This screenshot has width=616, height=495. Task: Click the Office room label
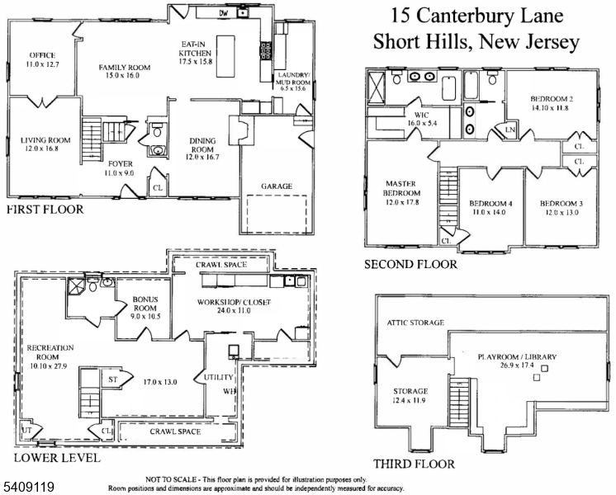pos(43,59)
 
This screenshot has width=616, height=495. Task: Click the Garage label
pos(277,186)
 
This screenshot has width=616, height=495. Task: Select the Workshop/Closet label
pos(234,306)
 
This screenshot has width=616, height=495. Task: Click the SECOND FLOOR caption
pos(410,265)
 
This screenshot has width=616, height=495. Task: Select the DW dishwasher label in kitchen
pos(223,13)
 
